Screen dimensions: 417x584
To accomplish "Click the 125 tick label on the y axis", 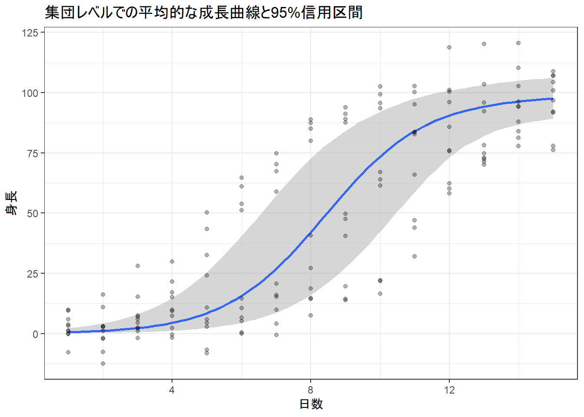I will [x=30, y=33].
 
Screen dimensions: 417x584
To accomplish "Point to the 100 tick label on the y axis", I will [x=30, y=93].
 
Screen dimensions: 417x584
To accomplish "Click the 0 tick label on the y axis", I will [x=36, y=334].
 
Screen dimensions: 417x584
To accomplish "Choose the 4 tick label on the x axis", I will [x=172, y=390].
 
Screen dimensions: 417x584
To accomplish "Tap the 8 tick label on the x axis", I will [x=311, y=390].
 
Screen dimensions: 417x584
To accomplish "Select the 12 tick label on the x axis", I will [x=449, y=390].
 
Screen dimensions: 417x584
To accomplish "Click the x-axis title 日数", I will [x=311, y=404].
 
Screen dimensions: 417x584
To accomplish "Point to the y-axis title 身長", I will [x=11, y=203].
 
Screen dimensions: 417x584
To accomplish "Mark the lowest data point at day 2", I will [x=103, y=364].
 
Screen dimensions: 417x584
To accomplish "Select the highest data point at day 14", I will [x=518, y=43].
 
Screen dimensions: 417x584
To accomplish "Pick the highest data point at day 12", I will [x=449, y=47].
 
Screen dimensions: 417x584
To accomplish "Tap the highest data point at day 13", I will [x=484, y=44].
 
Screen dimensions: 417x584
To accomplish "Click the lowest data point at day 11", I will [x=415, y=256].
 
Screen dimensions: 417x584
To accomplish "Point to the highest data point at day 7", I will [x=276, y=153].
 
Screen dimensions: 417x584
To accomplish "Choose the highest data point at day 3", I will [x=138, y=266].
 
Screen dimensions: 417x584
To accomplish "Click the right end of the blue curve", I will [x=553, y=99].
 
